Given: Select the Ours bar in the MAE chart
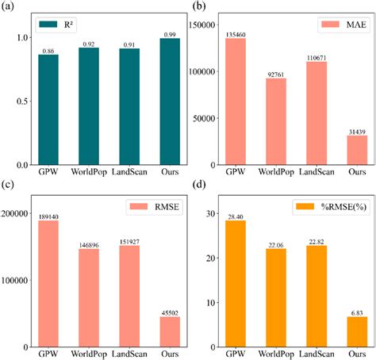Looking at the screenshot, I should click(x=356, y=150).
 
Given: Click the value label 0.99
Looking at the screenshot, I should click(x=169, y=33).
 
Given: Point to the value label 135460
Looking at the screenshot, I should click(x=236, y=34).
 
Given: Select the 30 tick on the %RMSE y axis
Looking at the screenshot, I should click(x=211, y=214).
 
